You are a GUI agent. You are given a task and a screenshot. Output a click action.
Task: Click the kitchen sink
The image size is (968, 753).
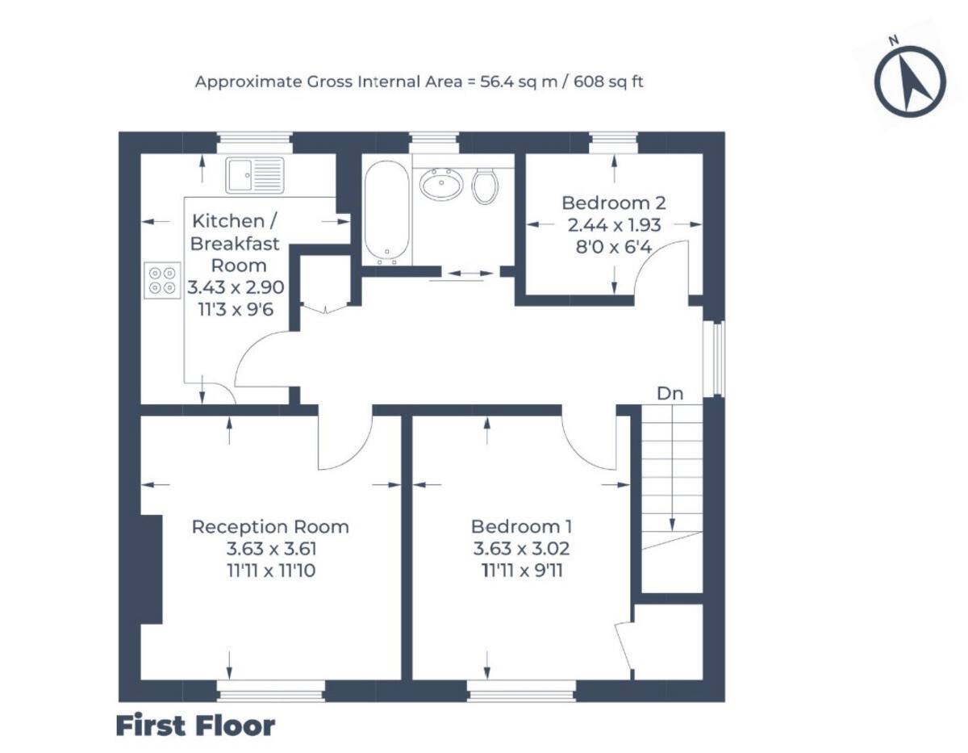[x=255, y=175]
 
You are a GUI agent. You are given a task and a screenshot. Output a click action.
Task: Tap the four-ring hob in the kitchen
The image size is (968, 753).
[x=162, y=280]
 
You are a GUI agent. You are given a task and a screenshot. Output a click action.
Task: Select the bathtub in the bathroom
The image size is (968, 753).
[x=388, y=211]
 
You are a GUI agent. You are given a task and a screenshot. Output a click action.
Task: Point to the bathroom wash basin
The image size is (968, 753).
[x=440, y=184]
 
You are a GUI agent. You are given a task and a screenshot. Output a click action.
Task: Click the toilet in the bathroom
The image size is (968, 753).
[x=485, y=186]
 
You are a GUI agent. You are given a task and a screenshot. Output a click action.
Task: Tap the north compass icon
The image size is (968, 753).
[x=911, y=80]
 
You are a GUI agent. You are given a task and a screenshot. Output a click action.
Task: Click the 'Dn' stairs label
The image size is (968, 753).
[x=670, y=394]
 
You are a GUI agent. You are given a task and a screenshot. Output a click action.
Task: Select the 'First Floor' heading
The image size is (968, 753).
[x=195, y=726]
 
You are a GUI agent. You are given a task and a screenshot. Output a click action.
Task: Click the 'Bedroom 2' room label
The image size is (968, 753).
[x=614, y=203]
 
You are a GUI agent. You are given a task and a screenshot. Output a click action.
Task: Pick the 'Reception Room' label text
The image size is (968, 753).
[x=270, y=527]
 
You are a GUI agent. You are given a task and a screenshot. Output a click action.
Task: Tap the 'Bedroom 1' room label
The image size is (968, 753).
[x=522, y=527]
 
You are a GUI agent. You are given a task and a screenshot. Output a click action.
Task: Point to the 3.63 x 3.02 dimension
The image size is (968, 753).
[x=522, y=548]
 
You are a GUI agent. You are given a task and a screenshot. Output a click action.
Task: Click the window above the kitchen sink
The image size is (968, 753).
[x=255, y=142]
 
